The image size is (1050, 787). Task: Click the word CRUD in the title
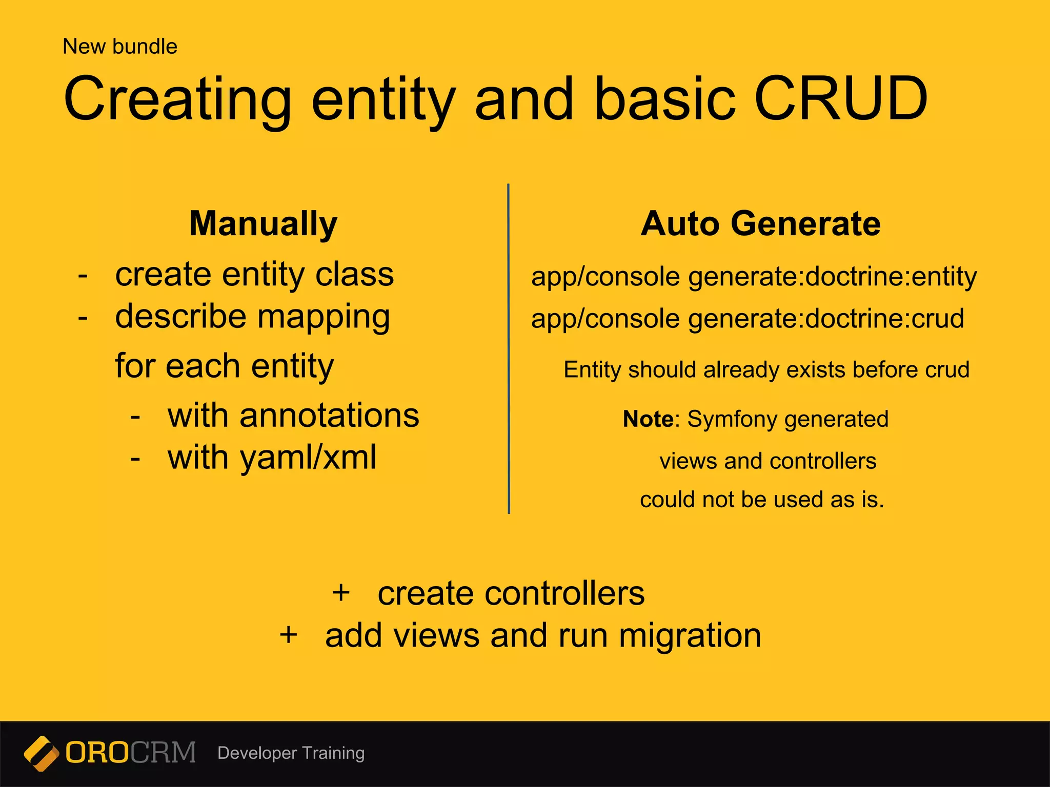coord(840,98)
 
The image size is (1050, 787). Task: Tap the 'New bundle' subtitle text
coord(120,47)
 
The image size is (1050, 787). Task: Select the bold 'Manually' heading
coord(264,224)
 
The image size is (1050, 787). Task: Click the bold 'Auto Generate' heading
coord(761,224)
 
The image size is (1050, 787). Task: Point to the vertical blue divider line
coord(509,348)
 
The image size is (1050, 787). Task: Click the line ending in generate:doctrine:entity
coord(754,277)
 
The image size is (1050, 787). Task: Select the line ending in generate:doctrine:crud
coord(748,319)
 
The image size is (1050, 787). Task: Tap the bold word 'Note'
coord(648,419)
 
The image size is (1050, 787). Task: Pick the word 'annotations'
coord(329,416)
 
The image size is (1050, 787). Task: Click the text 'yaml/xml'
coord(308,458)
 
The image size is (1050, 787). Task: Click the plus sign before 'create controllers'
coord(341,593)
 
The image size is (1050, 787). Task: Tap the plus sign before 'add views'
coord(289,635)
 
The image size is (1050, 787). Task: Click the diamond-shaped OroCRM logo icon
coord(41,753)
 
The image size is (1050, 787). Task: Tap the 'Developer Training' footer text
coord(291,753)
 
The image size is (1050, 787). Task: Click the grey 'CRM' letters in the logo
coord(163,753)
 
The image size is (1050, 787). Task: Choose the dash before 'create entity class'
coord(83,276)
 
